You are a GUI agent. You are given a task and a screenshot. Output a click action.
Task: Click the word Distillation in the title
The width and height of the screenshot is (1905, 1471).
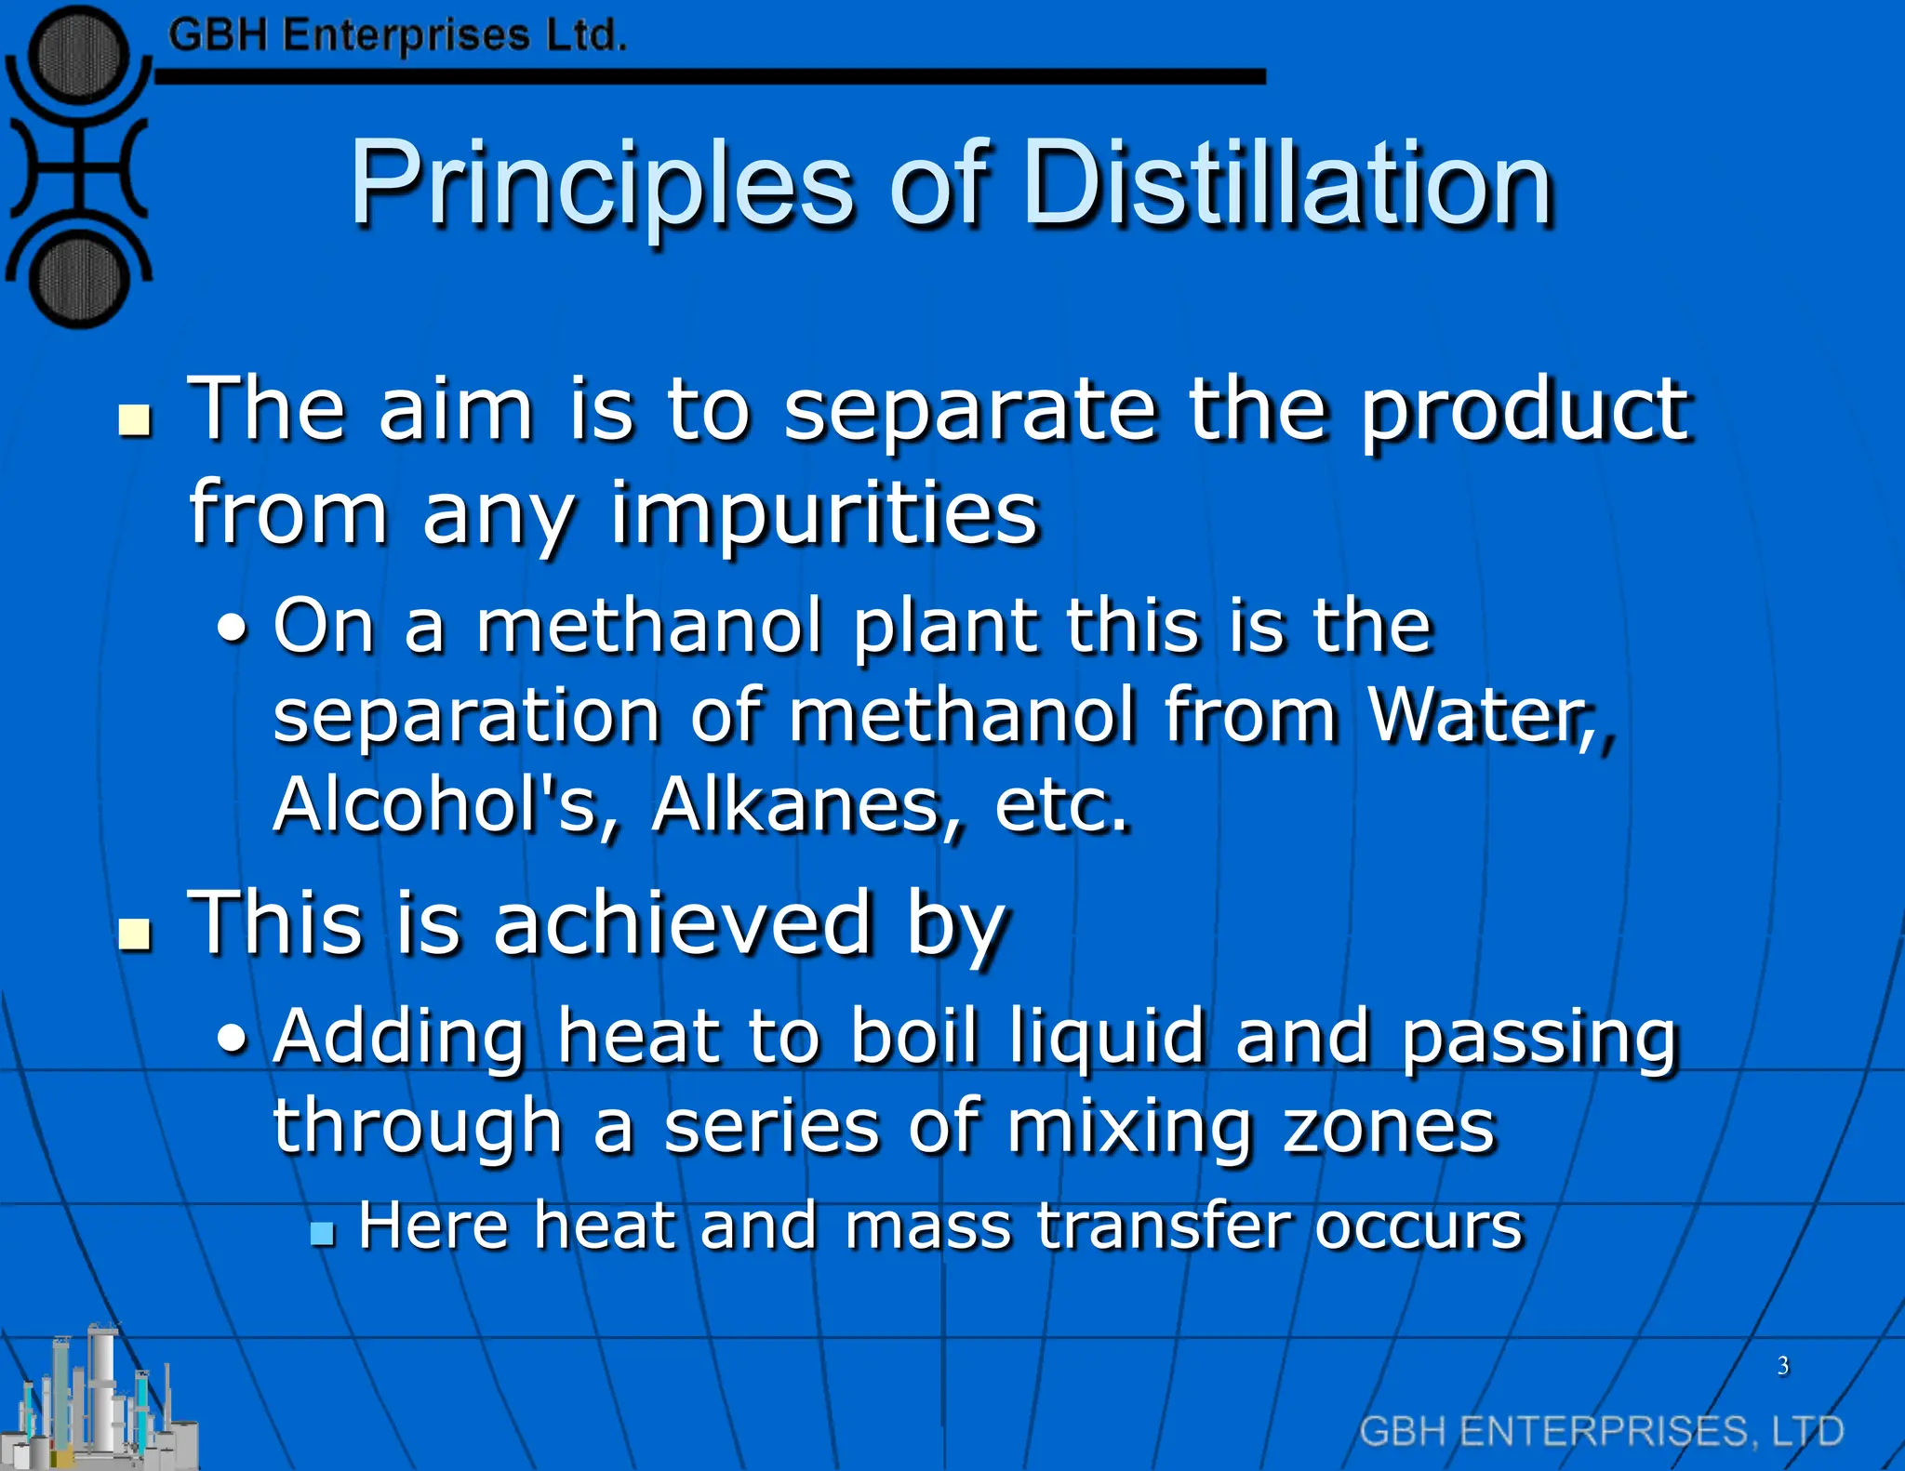tap(1287, 183)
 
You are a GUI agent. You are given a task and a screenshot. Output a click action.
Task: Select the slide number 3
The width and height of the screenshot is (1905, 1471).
tap(1783, 1366)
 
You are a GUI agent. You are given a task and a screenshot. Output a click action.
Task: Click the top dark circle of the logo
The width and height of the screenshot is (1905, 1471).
tap(78, 53)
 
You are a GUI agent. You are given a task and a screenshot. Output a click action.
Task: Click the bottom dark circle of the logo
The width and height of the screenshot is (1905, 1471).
tap(78, 278)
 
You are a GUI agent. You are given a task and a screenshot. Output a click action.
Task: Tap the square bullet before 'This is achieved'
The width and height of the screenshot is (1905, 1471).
tap(136, 934)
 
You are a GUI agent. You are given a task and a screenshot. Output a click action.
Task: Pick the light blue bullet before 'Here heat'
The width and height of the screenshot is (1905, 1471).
tap(322, 1233)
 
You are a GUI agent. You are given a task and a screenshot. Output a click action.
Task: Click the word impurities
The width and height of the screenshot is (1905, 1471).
tap(824, 513)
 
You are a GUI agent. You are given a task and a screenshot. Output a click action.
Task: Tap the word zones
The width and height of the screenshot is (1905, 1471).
tap(1389, 1127)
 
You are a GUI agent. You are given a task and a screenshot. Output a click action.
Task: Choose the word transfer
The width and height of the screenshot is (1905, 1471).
tap(1164, 1226)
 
